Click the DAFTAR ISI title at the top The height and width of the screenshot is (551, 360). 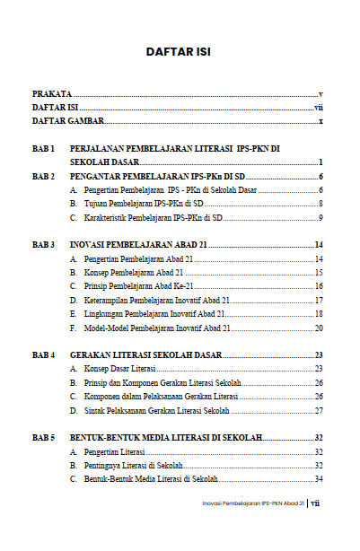pos(180,51)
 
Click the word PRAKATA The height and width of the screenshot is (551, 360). pos(52,93)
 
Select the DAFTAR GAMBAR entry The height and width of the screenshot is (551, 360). pos(68,120)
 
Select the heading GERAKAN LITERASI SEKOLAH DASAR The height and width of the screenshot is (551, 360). pos(145,355)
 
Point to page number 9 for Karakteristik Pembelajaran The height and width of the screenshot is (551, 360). pos(320,217)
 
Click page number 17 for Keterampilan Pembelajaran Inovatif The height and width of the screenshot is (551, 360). pos(318,300)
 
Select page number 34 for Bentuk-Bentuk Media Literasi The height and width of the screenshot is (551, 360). pos(318,479)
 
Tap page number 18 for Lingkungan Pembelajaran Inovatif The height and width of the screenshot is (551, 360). pos(318,313)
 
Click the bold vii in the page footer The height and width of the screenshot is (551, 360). pos(315,529)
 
